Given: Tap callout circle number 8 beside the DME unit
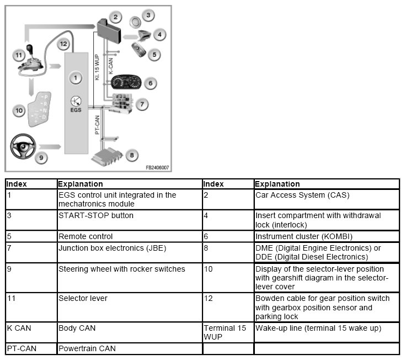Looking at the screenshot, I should [131, 155].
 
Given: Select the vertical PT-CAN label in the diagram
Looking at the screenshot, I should [97, 124].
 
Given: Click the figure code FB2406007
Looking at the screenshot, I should [157, 167].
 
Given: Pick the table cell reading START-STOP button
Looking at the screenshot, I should [96, 215].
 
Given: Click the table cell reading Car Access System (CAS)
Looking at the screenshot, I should [299, 195].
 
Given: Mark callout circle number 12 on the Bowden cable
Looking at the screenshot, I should [63, 44].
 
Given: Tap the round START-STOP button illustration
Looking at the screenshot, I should [134, 20].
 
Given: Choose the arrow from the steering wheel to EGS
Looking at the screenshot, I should [51, 147].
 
